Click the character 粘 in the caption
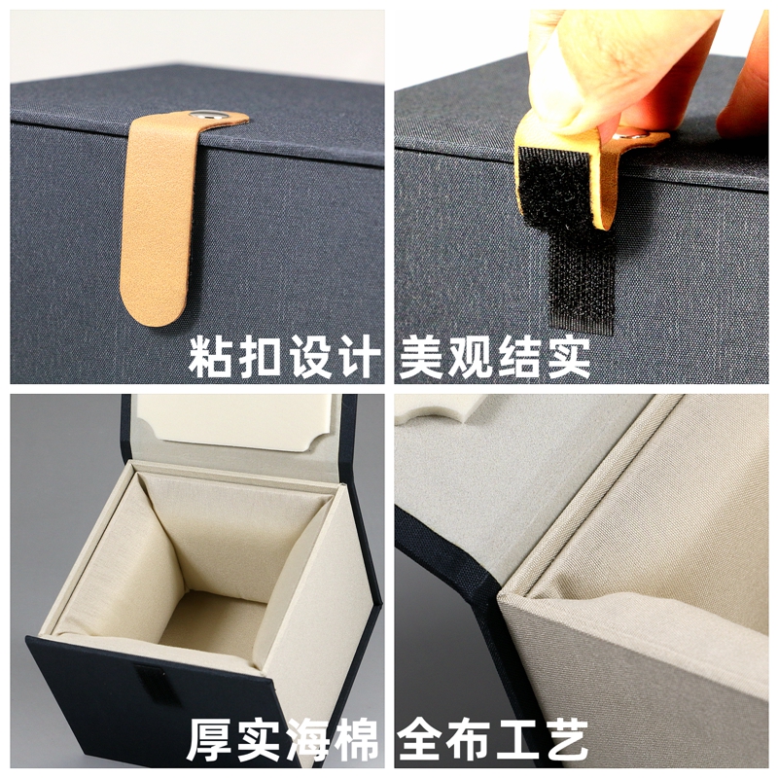pos(212,357)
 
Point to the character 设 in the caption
pos(307,357)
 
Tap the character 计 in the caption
pos(355,357)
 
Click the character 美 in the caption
pos(422,357)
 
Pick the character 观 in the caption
pos(471,357)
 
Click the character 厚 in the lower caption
pos(211,741)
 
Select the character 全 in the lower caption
pos(422,741)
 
